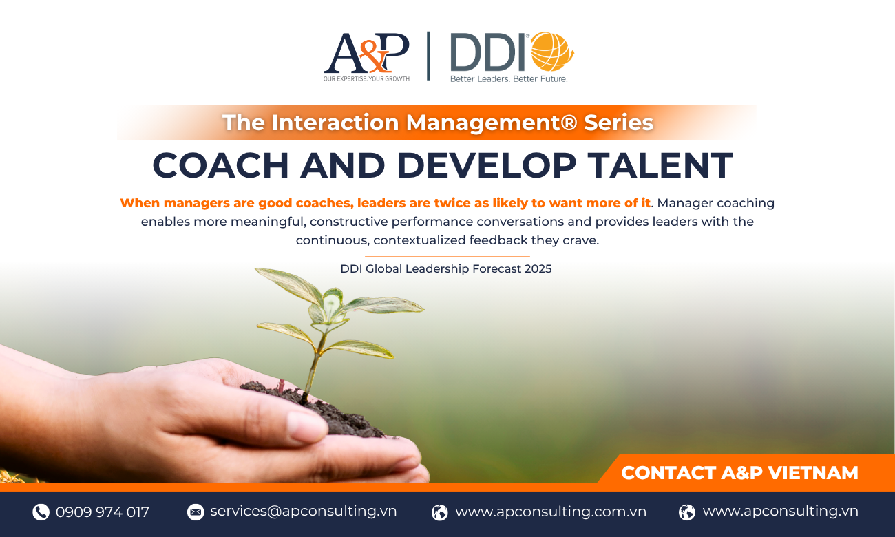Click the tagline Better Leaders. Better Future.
pos(509,78)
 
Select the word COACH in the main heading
pos(220,165)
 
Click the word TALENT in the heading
pos(660,165)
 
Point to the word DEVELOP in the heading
pos(486,165)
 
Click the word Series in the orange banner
pos(618,123)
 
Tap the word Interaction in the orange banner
pos(335,123)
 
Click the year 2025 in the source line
pos(538,268)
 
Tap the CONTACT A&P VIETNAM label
pos(739,473)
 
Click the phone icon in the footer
pos(41,512)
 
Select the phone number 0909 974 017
pos(103,512)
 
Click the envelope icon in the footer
pos(196,512)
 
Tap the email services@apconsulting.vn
pos(303,512)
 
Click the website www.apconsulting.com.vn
pos(551,512)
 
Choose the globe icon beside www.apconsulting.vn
pos(687,512)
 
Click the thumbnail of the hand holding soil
pos(212,419)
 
